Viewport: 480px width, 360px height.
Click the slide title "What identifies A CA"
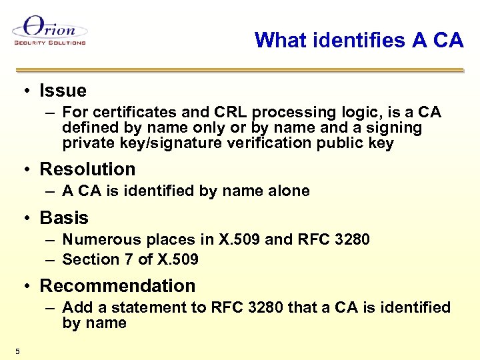[x=359, y=41]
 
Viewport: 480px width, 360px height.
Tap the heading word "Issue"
[x=63, y=91]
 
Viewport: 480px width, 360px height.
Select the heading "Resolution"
[x=87, y=169]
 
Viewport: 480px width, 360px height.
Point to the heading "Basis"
[x=64, y=218]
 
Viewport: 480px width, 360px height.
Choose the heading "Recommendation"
[x=117, y=286]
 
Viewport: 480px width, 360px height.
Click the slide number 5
[x=17, y=351]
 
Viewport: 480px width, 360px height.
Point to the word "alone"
[x=289, y=191]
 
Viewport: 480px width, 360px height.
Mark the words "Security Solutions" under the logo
[x=50, y=43]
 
